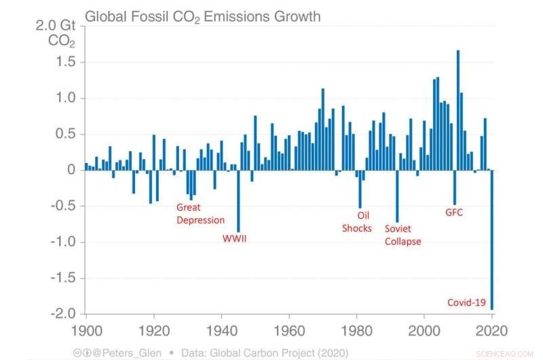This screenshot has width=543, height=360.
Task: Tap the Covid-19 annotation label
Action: [466, 302]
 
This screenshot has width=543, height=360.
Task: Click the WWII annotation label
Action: [236, 238]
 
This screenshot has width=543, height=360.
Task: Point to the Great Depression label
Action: [200, 213]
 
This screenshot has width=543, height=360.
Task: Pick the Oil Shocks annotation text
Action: [357, 221]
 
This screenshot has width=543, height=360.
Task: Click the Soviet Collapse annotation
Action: [402, 235]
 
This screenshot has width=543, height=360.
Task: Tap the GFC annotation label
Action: [454, 212]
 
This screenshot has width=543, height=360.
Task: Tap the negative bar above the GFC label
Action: [455, 187]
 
